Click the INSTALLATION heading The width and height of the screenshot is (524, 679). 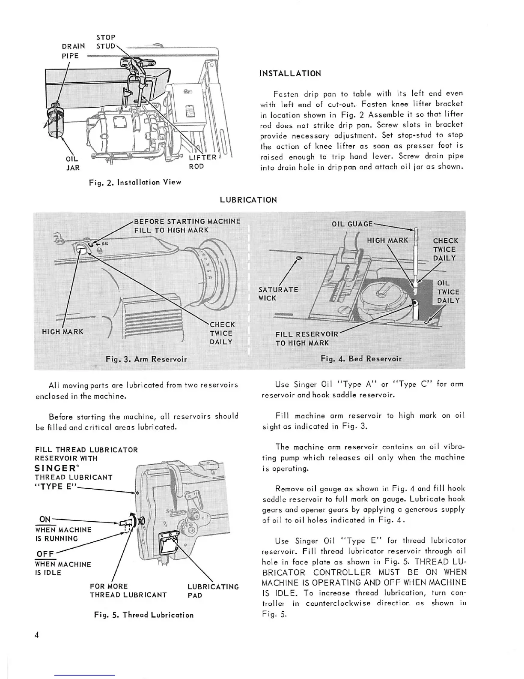coord(290,73)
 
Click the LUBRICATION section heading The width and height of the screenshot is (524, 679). coord(248,200)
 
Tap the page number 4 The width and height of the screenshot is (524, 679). coord(38,635)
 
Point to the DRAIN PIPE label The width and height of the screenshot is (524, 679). coord(73,51)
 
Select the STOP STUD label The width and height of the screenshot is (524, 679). coord(106,42)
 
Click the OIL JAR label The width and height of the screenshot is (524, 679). coord(72,163)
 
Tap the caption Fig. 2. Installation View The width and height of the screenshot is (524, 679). coord(135,182)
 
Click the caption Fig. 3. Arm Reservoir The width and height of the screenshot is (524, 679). coord(146,359)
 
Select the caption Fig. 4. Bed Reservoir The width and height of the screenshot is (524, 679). coord(361,358)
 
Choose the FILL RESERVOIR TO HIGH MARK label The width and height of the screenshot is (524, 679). coord(307,338)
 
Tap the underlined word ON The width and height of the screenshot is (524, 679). coord(45,520)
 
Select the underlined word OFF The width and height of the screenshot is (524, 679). coord(45,554)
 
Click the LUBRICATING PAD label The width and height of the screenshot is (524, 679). coord(213,591)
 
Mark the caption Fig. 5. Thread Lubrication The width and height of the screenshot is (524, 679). coord(144,615)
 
